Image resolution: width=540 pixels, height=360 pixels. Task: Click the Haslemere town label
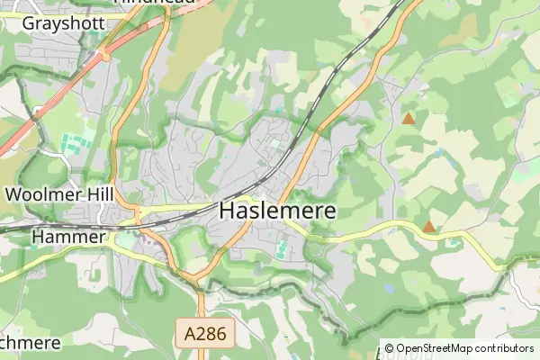(x=278, y=211)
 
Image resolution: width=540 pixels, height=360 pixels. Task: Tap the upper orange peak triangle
(x=409, y=118)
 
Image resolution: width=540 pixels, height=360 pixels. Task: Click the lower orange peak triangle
(x=429, y=227)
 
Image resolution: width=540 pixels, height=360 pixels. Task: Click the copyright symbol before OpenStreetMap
(x=390, y=348)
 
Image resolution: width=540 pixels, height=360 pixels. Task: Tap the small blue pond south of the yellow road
(x=388, y=289)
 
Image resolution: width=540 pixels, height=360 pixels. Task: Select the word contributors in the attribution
(x=499, y=348)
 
